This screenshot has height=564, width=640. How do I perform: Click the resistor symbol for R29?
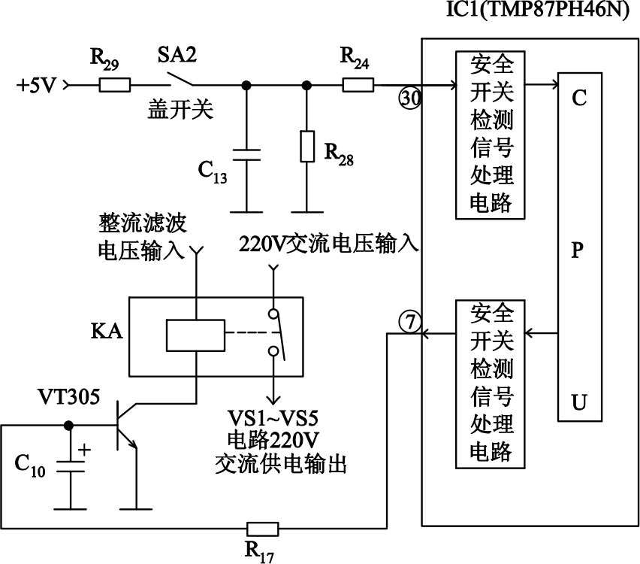[115, 85]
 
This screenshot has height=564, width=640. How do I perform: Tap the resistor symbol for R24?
[358, 85]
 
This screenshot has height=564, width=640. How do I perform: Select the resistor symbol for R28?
[306, 147]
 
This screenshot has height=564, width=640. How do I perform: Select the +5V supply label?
[37, 85]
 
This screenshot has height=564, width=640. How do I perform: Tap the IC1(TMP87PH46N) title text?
[552, 13]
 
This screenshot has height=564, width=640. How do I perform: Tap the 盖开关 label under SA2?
[181, 111]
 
